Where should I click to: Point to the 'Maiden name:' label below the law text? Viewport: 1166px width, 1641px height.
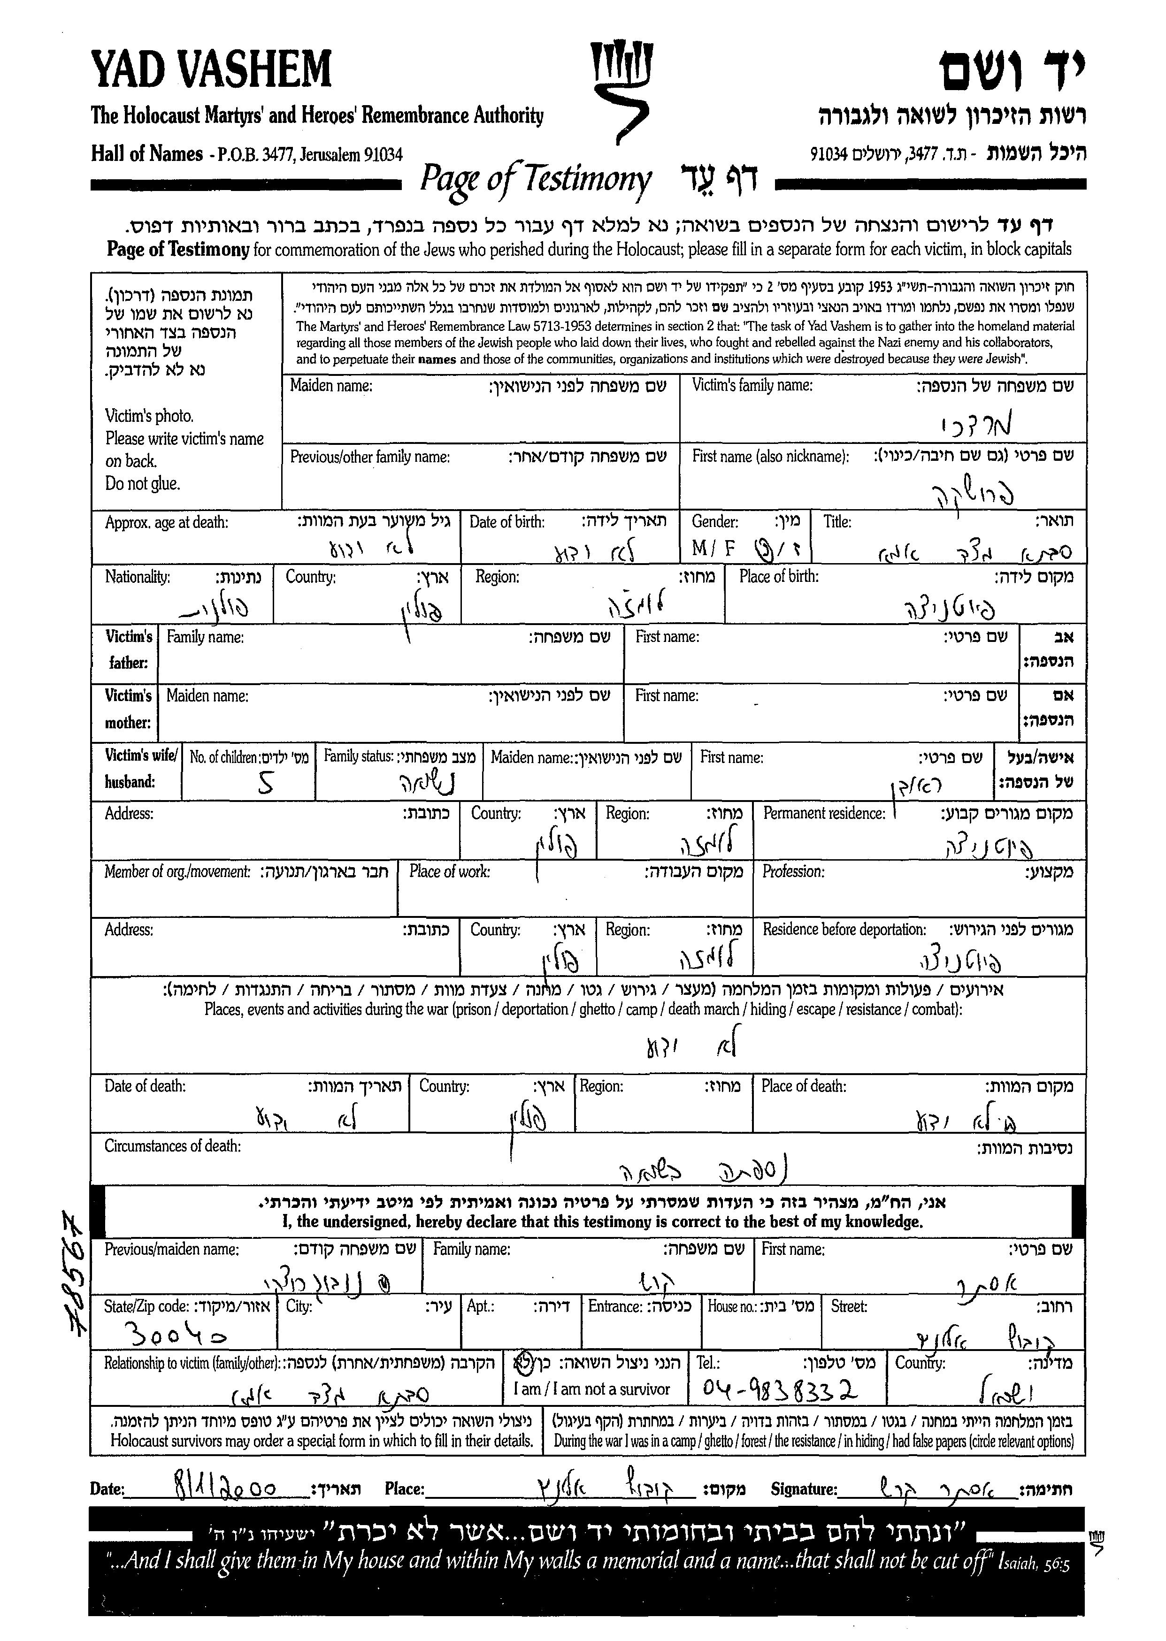[331, 386]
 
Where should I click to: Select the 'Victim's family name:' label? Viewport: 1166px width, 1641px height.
[752, 385]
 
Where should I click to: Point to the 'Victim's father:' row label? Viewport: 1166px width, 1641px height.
[129, 649]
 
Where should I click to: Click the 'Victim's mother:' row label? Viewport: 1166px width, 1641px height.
[129, 709]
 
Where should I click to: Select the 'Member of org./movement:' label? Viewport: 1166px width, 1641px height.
[177, 872]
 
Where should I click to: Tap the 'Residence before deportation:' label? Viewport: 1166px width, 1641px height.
[844, 930]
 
